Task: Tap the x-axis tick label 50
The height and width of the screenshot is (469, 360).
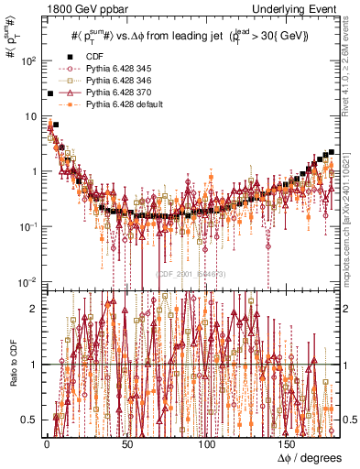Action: point(127,444)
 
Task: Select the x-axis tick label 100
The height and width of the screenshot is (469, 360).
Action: point(208,444)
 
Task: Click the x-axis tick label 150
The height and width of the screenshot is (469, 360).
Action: point(289,444)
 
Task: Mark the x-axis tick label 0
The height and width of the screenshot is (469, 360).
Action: point(46,444)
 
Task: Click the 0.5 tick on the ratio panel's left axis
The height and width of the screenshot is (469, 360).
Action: point(30,420)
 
